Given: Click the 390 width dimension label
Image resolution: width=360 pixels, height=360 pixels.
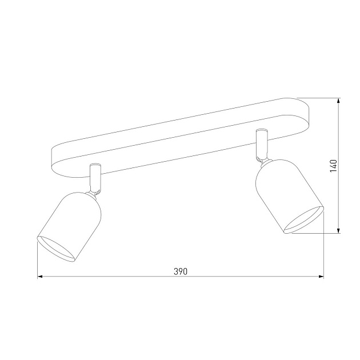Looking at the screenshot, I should (181, 271).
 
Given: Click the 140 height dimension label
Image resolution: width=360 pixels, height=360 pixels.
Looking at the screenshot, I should (333, 166).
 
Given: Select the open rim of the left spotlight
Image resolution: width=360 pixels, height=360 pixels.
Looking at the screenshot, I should (56, 249).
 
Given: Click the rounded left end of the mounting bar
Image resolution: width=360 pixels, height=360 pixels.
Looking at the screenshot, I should (57, 157).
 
